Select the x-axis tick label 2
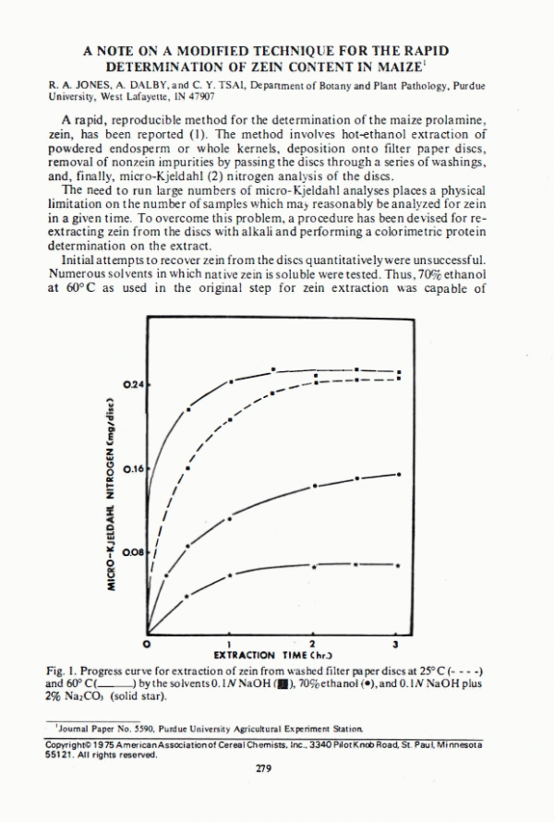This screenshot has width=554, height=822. [x=312, y=642]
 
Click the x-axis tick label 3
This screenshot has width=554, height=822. [x=396, y=642]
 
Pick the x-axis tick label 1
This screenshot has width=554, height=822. [x=229, y=642]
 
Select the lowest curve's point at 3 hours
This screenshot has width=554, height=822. [x=397, y=564]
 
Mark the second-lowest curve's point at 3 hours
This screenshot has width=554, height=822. [x=397, y=474]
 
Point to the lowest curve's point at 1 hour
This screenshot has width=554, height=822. [x=230, y=574]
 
